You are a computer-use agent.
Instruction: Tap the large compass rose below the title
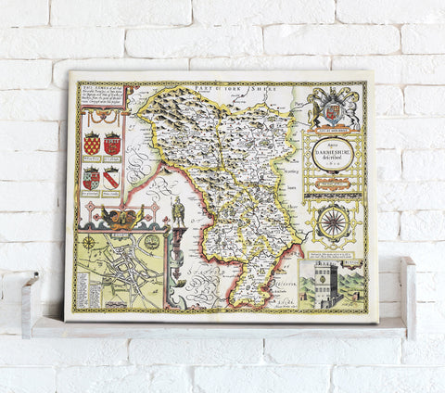coord(332,220)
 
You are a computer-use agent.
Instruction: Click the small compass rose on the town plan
coord(90,244)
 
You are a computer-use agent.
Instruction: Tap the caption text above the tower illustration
coord(331,252)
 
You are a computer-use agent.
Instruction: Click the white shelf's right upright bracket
coord(408,297)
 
